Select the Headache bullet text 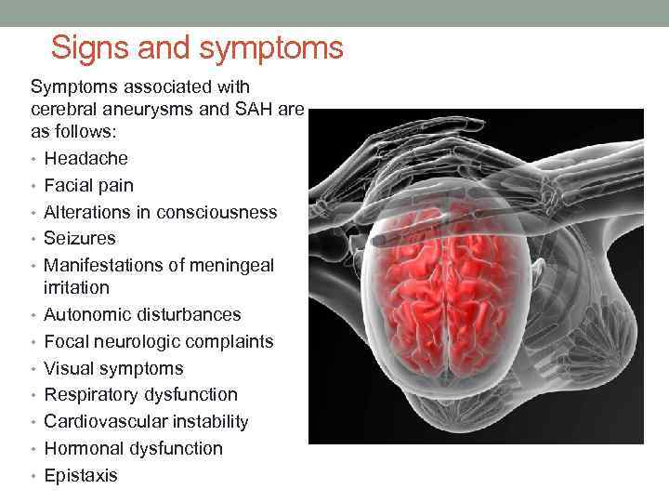pyautogui.click(x=85, y=159)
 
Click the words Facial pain pyautogui.click(x=88, y=185)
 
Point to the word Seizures pyautogui.click(x=81, y=239)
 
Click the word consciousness pyautogui.click(x=216, y=212)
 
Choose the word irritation pyautogui.click(x=76, y=288)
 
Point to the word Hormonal pyautogui.click(x=85, y=449)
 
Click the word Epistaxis pyautogui.click(x=81, y=476)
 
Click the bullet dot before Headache pyautogui.click(x=34, y=159)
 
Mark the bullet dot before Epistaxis pyautogui.click(x=34, y=476)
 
